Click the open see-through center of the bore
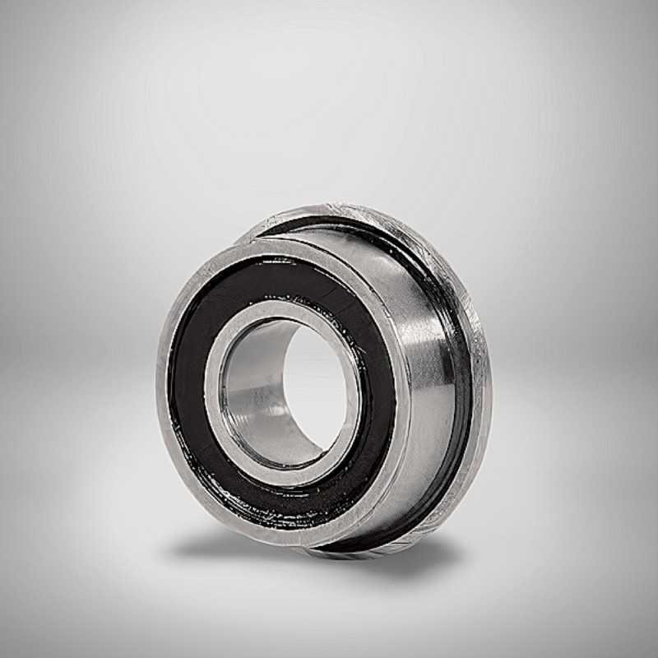tap(317, 387)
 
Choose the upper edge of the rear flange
tap(345, 208)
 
